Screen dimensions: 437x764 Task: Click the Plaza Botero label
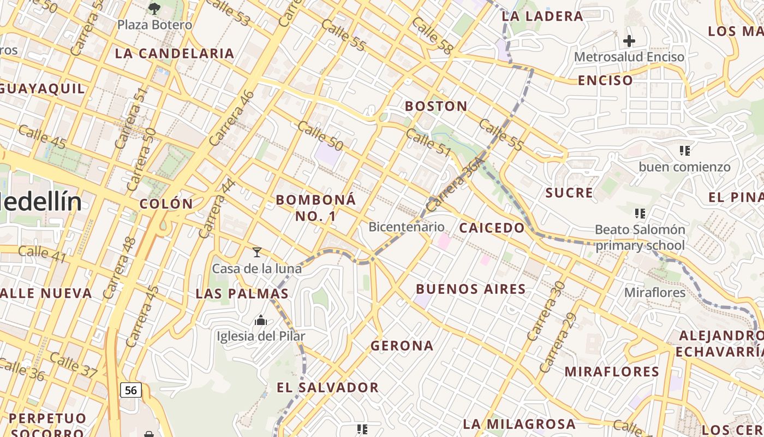pyautogui.click(x=155, y=25)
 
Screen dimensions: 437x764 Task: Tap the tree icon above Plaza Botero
pyautogui.click(x=154, y=8)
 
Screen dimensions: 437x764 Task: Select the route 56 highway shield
pyautogui.click(x=131, y=390)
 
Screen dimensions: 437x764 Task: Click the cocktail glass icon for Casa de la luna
pyautogui.click(x=257, y=252)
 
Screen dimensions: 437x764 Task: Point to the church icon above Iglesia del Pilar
pyautogui.click(x=261, y=320)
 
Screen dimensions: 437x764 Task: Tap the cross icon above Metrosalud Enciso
pyautogui.click(x=629, y=40)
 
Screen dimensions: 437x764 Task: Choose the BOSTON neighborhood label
pyautogui.click(x=436, y=106)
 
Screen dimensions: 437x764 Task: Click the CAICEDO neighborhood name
pyautogui.click(x=492, y=228)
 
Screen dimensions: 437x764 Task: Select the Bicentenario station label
pyautogui.click(x=407, y=227)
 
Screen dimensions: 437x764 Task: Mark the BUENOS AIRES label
pyautogui.click(x=471, y=289)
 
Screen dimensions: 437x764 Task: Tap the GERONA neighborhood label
pyautogui.click(x=402, y=345)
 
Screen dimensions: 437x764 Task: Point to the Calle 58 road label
pyautogui.click(x=433, y=36)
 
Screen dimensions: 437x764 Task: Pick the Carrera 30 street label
pyautogui.click(x=545, y=311)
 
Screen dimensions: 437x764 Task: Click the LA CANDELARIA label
pyautogui.click(x=175, y=54)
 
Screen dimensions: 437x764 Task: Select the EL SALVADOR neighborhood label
pyautogui.click(x=327, y=387)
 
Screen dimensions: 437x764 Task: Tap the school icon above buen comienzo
pyautogui.click(x=685, y=150)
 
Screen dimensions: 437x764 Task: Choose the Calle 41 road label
pyautogui.click(x=42, y=253)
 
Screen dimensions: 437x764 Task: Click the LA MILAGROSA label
pyautogui.click(x=519, y=424)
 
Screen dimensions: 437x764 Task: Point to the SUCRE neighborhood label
pyautogui.click(x=569, y=193)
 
